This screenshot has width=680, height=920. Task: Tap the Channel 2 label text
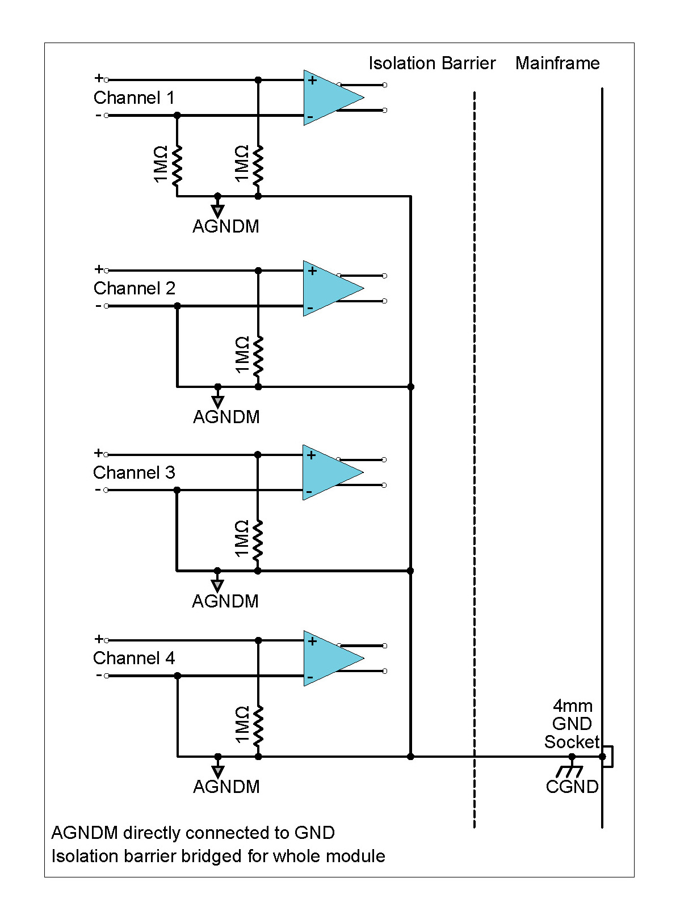[x=135, y=288]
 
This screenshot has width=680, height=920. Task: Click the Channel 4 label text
[x=134, y=658]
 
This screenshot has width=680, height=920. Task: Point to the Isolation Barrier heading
[x=432, y=63]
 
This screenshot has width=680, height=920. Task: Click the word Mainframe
[x=557, y=63]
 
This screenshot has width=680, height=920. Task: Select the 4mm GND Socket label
[x=572, y=724]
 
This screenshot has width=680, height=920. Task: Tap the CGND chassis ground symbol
[x=570, y=771]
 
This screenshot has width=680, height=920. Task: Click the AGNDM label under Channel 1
[x=225, y=226]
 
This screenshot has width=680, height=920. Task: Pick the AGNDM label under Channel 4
[x=226, y=787]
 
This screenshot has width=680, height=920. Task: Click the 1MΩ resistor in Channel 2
[x=258, y=355]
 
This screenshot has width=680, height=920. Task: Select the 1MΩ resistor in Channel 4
[x=258, y=725]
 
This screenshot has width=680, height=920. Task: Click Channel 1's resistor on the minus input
[x=177, y=164]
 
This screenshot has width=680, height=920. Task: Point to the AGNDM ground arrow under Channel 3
[x=217, y=585]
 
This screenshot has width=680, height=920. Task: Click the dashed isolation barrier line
[x=475, y=454]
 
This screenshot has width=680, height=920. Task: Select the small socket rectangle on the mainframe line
[x=608, y=757]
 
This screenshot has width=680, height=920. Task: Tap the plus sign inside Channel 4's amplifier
[x=312, y=642]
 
